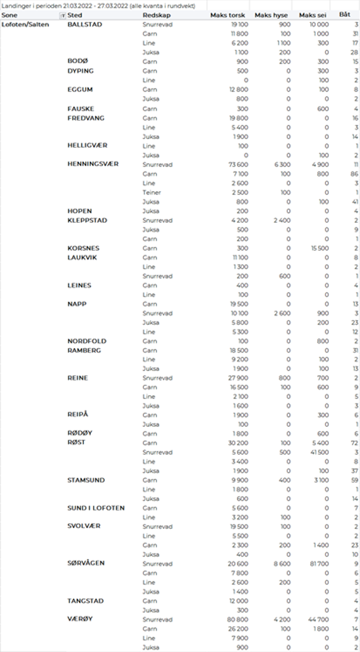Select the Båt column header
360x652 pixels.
346,15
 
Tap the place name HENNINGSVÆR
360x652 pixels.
93,164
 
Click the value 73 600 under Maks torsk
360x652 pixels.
236,164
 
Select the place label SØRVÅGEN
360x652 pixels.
86,563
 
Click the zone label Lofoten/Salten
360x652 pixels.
26,25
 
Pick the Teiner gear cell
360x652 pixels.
151,192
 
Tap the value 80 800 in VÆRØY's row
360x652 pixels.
236,619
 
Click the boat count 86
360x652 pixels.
354,174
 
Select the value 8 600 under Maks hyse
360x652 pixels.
280,563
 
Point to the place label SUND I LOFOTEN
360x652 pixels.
96,508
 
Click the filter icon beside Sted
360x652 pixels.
63,15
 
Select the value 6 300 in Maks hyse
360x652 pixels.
280,164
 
